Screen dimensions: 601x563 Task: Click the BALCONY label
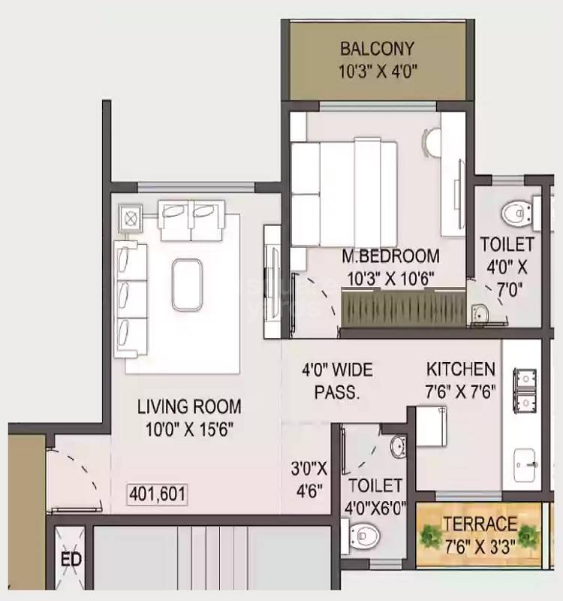point(377,50)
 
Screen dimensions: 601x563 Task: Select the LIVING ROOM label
point(189,406)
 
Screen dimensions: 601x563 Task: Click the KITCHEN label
point(461,369)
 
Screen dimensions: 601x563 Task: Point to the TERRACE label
point(480,524)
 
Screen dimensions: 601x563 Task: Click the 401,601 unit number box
point(158,494)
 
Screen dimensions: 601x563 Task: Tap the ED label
point(72,560)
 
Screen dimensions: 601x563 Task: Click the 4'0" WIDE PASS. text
point(337,380)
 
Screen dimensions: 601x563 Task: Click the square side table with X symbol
point(131,218)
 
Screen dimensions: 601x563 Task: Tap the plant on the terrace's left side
point(432,534)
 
